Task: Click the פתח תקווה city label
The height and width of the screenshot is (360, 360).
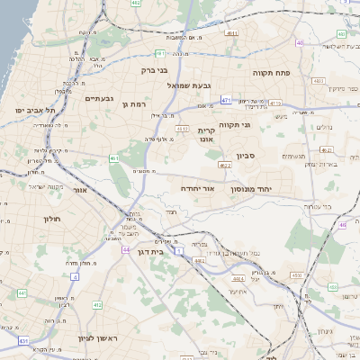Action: pyautogui.click(x=270, y=72)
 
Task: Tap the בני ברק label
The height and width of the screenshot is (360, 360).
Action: pyautogui.click(x=156, y=69)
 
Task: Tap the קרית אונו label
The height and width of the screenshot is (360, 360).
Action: pyautogui.click(x=207, y=134)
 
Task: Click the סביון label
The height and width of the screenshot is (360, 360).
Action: pyautogui.click(x=247, y=156)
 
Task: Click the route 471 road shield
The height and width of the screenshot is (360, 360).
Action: pyautogui.click(x=226, y=100)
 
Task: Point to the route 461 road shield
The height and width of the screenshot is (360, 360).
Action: pyautogui.click(x=114, y=158)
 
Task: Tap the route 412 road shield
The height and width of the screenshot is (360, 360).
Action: pyautogui.click(x=96, y=305)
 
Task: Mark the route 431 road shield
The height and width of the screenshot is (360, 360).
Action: pyautogui.click(x=23, y=340)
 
